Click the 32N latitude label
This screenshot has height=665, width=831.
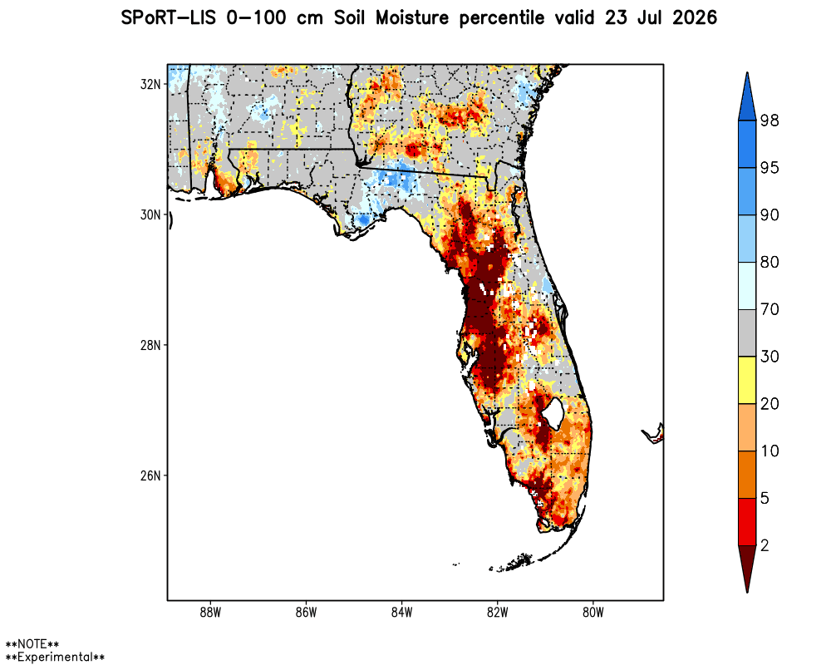tap(150, 84)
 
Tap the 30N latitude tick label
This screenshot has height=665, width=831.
tap(150, 214)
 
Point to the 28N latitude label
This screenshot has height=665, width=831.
tap(150, 345)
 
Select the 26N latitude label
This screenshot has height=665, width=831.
tap(150, 475)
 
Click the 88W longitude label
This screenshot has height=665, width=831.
tap(210, 613)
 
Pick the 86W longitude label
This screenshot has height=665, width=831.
tap(306, 613)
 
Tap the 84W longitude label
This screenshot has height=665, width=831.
tap(401, 613)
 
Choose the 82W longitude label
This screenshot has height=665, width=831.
tap(497, 613)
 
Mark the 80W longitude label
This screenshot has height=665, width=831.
tap(593, 613)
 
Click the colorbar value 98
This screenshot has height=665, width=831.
tap(770, 121)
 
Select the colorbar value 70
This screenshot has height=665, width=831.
tap(770, 309)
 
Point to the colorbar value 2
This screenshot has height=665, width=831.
tap(765, 545)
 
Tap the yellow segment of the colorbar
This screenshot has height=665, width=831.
tap(747, 380)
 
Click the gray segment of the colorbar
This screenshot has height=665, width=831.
tap(747, 333)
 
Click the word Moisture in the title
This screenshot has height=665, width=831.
tap(412, 18)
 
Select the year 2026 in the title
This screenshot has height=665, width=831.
tap(695, 18)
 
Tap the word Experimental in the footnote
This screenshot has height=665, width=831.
tap(55, 657)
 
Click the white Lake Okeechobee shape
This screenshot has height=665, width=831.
tap(553, 413)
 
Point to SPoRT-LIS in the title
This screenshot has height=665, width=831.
tap(169, 18)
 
